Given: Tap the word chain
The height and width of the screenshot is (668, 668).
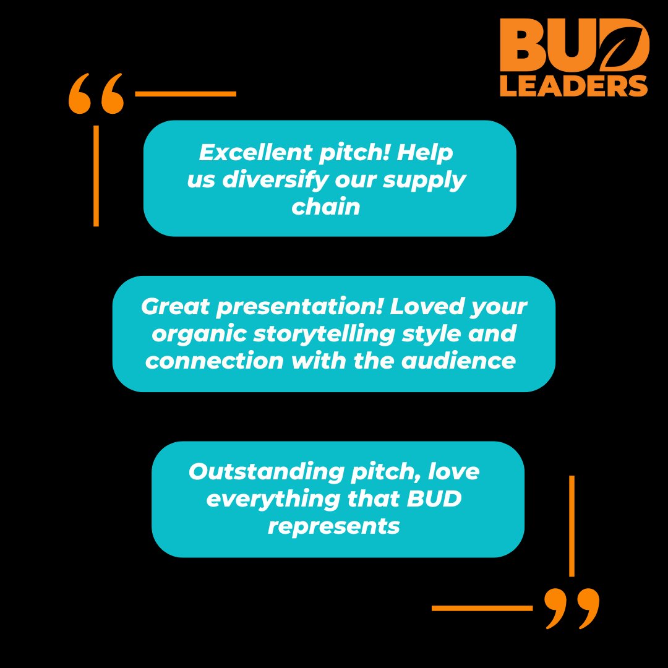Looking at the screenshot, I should (326, 207).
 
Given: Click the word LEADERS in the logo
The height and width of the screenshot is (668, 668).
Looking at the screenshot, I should (573, 86).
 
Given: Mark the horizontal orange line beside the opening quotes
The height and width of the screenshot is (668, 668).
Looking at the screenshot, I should (186, 94).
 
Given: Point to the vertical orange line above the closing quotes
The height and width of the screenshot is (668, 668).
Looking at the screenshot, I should (572, 526).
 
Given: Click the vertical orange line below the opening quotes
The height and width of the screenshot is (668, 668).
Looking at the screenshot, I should (96, 176).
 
